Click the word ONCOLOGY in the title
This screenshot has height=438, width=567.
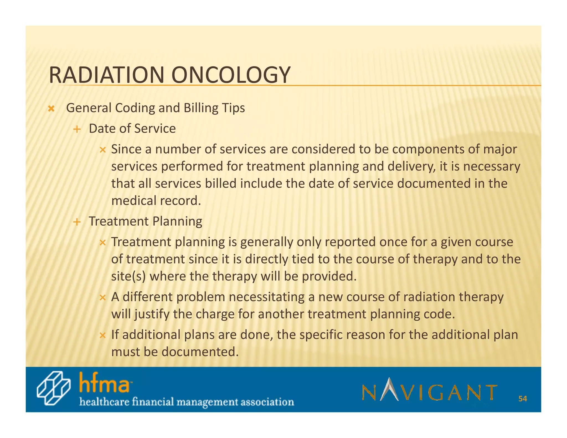(231, 75)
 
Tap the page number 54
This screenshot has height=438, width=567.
(522, 399)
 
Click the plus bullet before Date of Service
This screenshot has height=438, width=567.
(77, 129)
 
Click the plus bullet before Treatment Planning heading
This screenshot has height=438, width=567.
(77, 222)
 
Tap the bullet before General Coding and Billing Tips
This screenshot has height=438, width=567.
(51, 109)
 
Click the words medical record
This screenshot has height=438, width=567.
(156, 201)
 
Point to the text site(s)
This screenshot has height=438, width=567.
(128, 276)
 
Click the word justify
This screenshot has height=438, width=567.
(152, 314)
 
